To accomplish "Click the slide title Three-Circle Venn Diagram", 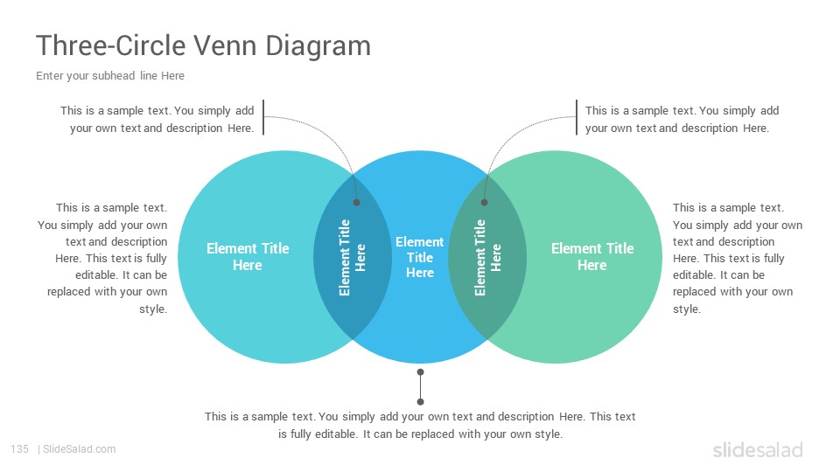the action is (203, 45).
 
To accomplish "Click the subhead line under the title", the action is (110, 76).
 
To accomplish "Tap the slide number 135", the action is (19, 449).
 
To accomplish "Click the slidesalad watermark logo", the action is (758, 449).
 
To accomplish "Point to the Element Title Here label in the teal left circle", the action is (248, 256).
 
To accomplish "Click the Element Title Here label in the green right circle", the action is (592, 256).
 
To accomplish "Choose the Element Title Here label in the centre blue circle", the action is (419, 257).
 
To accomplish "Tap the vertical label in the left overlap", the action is (352, 257).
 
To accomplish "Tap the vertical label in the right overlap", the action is (487, 257).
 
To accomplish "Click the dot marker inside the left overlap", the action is (357, 202).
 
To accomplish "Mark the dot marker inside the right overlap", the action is (484, 202).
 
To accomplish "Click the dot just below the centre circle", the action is (421, 372).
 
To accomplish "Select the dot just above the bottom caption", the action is (421, 401).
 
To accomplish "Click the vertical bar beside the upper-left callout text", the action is (263, 117).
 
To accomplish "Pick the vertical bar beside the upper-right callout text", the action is (577, 117).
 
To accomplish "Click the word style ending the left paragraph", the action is (153, 309).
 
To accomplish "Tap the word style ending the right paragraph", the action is (687, 309).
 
